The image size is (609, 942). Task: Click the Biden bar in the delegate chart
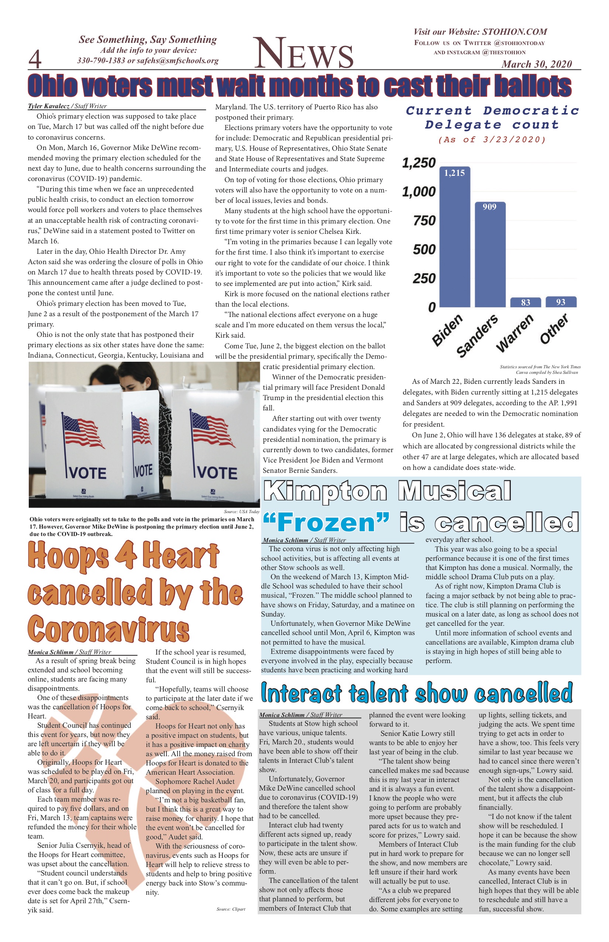pyautogui.click(x=454, y=238)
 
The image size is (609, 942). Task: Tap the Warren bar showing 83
pyautogui.click(x=525, y=303)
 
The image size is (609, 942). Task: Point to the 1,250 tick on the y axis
pyautogui.click(x=419, y=163)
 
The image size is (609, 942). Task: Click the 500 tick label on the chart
pyautogui.click(x=424, y=249)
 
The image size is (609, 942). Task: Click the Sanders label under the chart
pyautogui.click(x=477, y=336)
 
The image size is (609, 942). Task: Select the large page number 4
pyautogui.click(x=35, y=59)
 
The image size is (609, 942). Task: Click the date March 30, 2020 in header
pyautogui.click(x=537, y=64)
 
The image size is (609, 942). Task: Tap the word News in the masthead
pyautogui.click(x=303, y=54)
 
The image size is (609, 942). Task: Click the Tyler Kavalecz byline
pyautogui.click(x=49, y=106)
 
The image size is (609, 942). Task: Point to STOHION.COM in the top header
pyautogui.click(x=515, y=32)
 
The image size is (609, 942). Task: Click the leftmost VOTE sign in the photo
pyautogui.click(x=87, y=473)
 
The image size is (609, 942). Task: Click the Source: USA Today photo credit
pyautogui.click(x=241, y=511)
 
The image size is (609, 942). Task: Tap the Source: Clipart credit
pyautogui.click(x=231, y=909)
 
